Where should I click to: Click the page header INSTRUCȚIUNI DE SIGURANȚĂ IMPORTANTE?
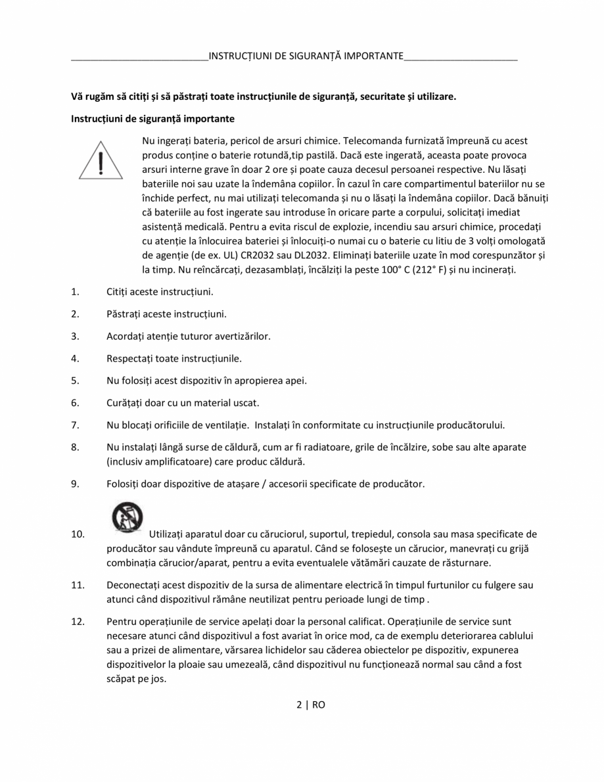click(x=306, y=56)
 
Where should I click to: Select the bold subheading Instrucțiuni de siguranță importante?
click(x=152, y=119)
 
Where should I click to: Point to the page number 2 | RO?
click(x=310, y=704)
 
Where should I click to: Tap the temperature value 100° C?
click(x=402, y=269)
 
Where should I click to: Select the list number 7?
click(x=75, y=425)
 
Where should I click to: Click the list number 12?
click(x=78, y=621)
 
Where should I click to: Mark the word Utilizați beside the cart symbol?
click(x=169, y=534)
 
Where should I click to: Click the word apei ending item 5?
click(x=296, y=380)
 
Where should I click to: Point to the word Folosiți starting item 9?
click(x=124, y=484)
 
